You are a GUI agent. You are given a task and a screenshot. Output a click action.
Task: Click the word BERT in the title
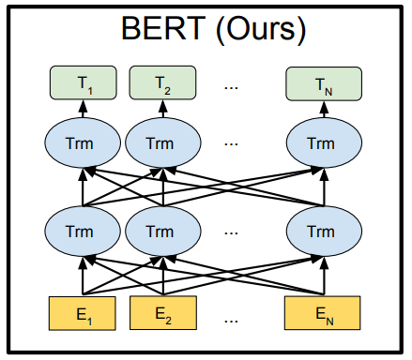tap(163, 28)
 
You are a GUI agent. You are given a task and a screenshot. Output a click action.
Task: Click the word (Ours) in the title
tap(261, 30)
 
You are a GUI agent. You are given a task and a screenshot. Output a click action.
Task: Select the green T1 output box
tap(84, 82)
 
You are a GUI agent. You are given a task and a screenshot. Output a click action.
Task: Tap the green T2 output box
tap(162, 82)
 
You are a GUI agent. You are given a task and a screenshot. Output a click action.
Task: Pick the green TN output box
tap(324, 83)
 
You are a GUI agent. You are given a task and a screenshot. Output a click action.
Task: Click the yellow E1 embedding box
tap(83, 313)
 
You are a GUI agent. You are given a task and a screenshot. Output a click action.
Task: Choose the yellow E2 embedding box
tap(163, 313)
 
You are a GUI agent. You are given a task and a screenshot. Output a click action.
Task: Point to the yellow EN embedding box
tap(322, 313)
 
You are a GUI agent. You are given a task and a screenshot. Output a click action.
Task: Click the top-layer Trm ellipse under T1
tap(83, 142)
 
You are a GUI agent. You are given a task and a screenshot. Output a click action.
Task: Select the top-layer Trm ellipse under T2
tap(163, 142)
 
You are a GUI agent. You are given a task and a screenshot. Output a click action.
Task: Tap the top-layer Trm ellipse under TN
tap(324, 142)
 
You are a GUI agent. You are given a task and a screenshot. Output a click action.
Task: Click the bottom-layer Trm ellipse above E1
tap(83, 232)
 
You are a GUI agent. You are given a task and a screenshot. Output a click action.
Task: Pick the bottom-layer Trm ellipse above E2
tap(163, 232)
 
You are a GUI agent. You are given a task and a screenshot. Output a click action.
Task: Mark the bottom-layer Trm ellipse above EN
tap(324, 232)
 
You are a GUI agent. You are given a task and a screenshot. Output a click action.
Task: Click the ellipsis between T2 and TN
tap(231, 88)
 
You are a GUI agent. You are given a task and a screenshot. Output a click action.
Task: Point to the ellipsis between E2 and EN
tap(231, 321)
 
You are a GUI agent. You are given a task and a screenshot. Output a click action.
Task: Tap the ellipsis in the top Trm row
tap(231, 144)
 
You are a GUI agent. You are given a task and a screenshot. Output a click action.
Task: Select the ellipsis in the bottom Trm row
tap(231, 232)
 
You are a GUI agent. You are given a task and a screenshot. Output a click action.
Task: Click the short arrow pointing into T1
tap(83, 109)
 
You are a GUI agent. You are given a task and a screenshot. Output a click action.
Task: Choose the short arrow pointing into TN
tap(324, 110)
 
